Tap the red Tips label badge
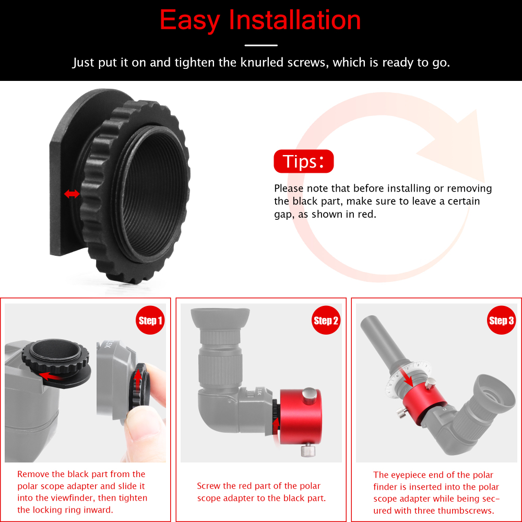click(x=303, y=162)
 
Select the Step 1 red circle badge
click(x=150, y=321)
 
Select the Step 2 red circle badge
click(x=326, y=321)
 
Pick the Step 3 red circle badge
click(x=501, y=321)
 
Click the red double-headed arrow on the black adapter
click(x=72, y=194)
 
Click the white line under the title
click(x=261, y=45)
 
